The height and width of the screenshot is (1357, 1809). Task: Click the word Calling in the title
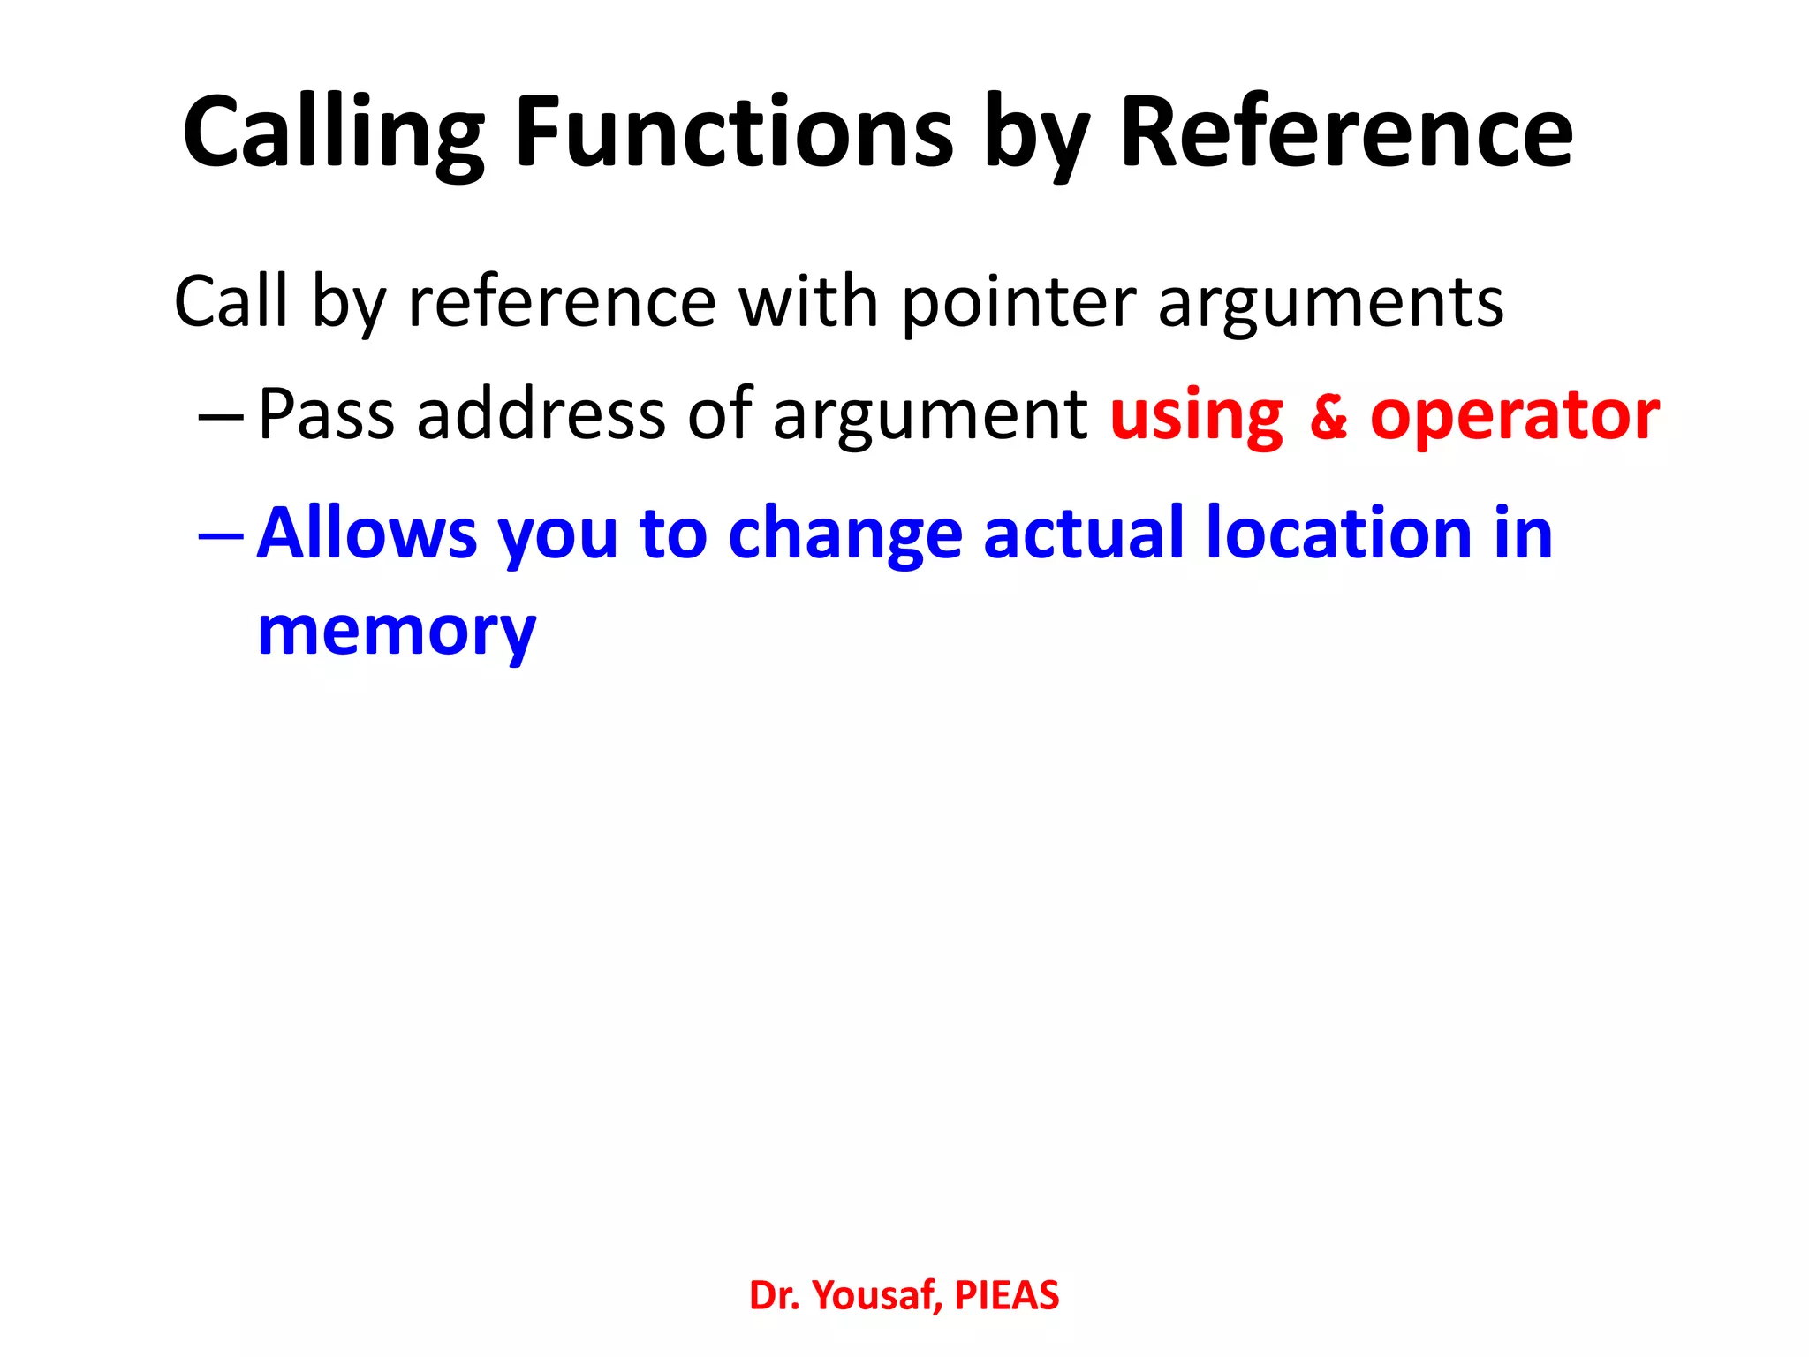click(x=333, y=133)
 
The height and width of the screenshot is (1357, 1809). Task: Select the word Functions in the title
click(x=734, y=133)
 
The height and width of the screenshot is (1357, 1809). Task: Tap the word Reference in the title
click(x=1346, y=133)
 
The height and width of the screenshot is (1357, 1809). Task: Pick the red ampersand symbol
click(x=1328, y=416)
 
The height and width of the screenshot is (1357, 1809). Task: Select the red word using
click(x=1196, y=416)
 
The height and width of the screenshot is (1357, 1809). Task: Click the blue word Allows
click(x=367, y=534)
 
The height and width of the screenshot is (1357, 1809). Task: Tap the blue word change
click(x=844, y=535)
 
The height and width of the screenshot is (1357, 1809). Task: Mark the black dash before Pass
click(x=220, y=416)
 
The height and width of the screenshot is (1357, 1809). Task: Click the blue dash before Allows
click(x=220, y=535)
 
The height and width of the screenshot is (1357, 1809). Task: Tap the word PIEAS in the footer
click(x=1006, y=1295)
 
